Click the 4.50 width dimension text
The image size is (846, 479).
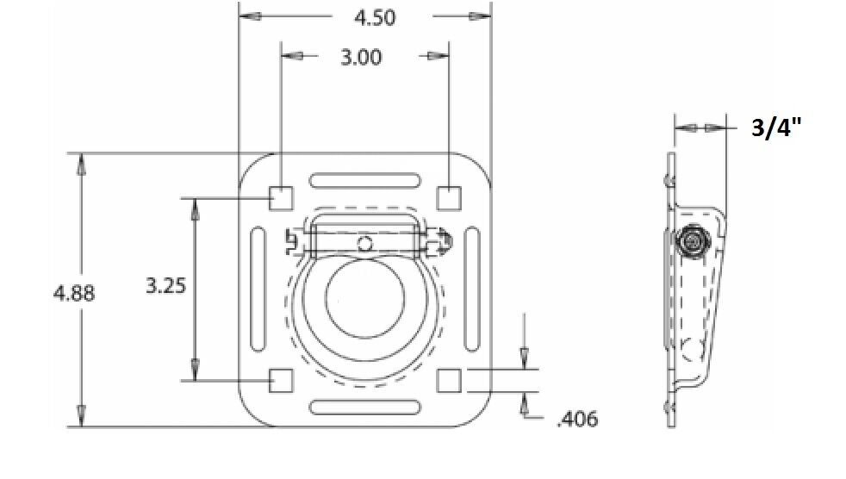(x=374, y=17)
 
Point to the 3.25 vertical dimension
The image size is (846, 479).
(x=166, y=286)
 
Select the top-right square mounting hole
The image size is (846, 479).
(x=449, y=198)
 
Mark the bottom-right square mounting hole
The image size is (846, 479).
(x=449, y=380)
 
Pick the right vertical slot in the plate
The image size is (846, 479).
(x=472, y=289)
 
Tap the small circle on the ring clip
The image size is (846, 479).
(x=365, y=244)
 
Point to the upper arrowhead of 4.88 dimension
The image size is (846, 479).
(x=81, y=164)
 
